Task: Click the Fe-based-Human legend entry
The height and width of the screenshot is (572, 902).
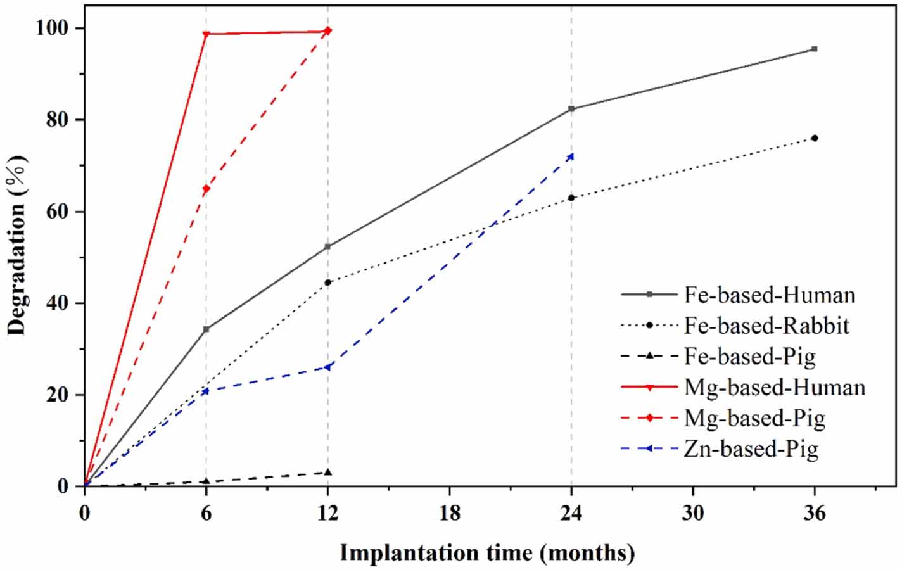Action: (769, 295)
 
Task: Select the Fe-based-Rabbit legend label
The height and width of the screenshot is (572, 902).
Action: (766, 326)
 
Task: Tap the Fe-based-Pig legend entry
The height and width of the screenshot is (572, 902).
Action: (749, 357)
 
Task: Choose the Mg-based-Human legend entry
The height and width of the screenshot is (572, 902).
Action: (774, 387)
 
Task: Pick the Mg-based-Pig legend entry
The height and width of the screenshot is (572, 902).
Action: (754, 418)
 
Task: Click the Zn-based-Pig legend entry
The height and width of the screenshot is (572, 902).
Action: (751, 448)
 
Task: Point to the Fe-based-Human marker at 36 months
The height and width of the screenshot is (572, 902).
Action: (815, 49)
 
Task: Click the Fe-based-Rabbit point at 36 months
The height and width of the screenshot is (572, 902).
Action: (815, 138)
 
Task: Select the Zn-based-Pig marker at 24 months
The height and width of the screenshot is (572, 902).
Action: (571, 156)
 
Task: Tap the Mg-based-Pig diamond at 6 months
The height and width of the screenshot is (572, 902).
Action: (206, 189)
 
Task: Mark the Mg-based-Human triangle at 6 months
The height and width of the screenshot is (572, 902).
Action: (206, 34)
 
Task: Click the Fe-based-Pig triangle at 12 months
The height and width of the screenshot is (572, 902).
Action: (327, 472)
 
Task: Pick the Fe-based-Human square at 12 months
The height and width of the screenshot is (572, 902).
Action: (327, 246)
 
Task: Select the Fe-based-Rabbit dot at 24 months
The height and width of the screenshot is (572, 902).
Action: (571, 198)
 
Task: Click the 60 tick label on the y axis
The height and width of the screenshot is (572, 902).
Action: (60, 212)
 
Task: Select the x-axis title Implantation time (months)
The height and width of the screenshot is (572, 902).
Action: (487, 553)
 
